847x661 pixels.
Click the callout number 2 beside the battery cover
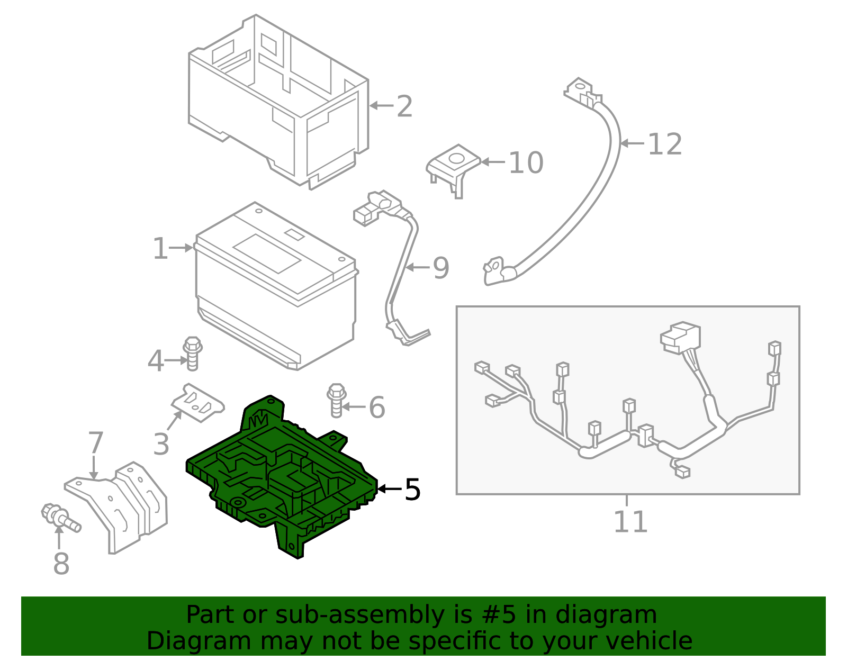point(404,106)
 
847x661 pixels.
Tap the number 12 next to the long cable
point(665,144)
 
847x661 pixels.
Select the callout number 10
point(526,162)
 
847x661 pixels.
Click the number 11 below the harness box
point(630,522)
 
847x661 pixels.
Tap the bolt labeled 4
point(192,352)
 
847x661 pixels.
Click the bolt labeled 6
point(336,400)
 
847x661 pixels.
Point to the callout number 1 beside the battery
point(159,248)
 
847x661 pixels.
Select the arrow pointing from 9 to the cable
point(418,267)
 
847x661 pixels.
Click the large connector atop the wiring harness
point(681,337)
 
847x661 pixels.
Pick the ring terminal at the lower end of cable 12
point(495,270)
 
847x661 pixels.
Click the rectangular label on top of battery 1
point(267,253)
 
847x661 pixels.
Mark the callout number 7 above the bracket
point(95,442)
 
